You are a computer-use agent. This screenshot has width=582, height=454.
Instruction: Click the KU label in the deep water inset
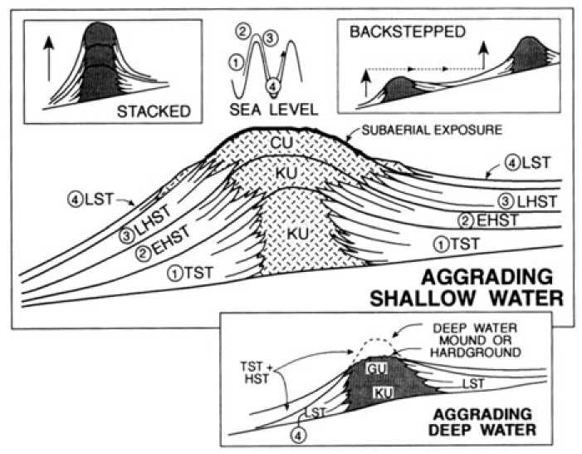[x=383, y=392]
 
